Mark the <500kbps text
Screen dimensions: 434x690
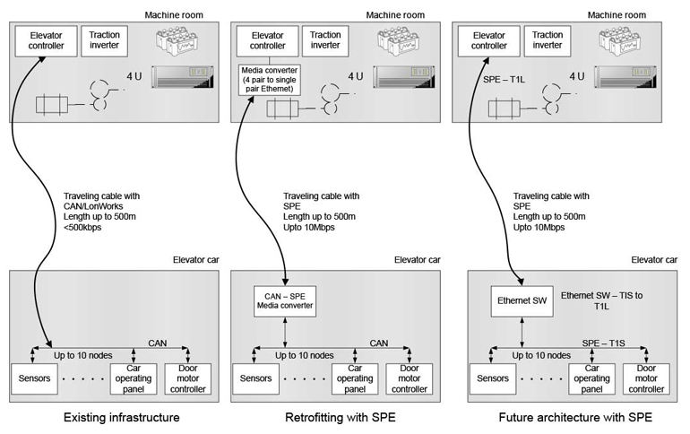[83, 229]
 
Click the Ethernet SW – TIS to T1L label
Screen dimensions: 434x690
[603, 300]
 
